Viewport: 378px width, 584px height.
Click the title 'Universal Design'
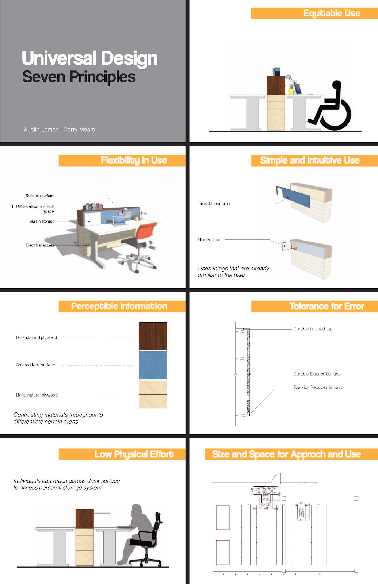tap(89, 58)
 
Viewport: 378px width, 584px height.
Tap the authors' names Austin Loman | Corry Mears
tap(59, 130)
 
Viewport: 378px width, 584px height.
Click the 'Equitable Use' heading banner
tap(331, 14)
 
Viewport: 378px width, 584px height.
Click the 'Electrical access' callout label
tap(40, 245)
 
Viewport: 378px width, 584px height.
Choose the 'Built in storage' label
tap(42, 222)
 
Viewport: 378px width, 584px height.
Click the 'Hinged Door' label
tap(210, 240)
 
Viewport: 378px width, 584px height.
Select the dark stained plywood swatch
tap(153, 336)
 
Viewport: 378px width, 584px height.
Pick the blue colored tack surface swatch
tap(153, 365)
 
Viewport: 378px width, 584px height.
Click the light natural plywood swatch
tap(153, 394)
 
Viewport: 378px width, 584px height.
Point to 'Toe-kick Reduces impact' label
tap(317, 387)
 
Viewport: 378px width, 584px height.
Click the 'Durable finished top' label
tap(313, 329)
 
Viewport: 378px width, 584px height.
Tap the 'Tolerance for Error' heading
tap(327, 306)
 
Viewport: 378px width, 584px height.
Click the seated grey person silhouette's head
tap(137, 510)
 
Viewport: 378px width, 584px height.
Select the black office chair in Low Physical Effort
tap(150, 540)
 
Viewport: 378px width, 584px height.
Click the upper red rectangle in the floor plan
tap(222, 517)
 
